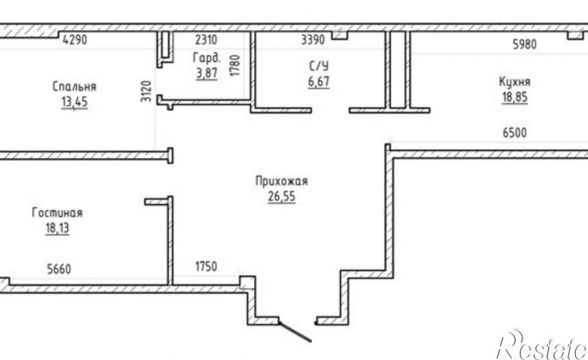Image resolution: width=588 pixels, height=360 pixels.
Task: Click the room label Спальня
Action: tap(75, 87)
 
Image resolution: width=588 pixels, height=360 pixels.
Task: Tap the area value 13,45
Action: tap(75, 101)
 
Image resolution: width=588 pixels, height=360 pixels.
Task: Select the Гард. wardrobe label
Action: tap(207, 58)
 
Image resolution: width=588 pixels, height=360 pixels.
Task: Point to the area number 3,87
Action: tap(207, 73)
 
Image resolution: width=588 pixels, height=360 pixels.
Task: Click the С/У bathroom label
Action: tap(319, 66)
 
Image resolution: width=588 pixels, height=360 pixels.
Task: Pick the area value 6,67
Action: tap(319, 81)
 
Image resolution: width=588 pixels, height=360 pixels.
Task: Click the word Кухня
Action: tap(514, 82)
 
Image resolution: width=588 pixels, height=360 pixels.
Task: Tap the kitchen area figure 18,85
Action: tap(515, 97)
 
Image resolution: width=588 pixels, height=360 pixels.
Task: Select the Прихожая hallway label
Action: tap(281, 181)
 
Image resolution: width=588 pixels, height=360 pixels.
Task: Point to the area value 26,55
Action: tap(281, 196)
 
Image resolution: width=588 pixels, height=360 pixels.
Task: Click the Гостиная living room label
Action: tap(57, 212)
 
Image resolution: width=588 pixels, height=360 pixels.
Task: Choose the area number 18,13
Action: tap(58, 228)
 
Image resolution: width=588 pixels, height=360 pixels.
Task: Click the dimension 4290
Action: tap(75, 40)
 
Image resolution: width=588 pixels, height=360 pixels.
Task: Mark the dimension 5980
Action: tap(525, 45)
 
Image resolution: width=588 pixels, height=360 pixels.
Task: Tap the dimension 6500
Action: tap(514, 132)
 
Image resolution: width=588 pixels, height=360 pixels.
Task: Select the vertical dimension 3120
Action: tap(146, 91)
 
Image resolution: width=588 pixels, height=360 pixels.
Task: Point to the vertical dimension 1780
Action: tap(234, 66)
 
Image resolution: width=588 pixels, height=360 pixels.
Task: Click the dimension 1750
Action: tap(206, 266)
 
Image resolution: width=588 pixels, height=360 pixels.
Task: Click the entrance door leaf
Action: tap(295, 332)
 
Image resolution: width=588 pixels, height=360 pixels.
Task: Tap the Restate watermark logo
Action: tap(543, 345)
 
